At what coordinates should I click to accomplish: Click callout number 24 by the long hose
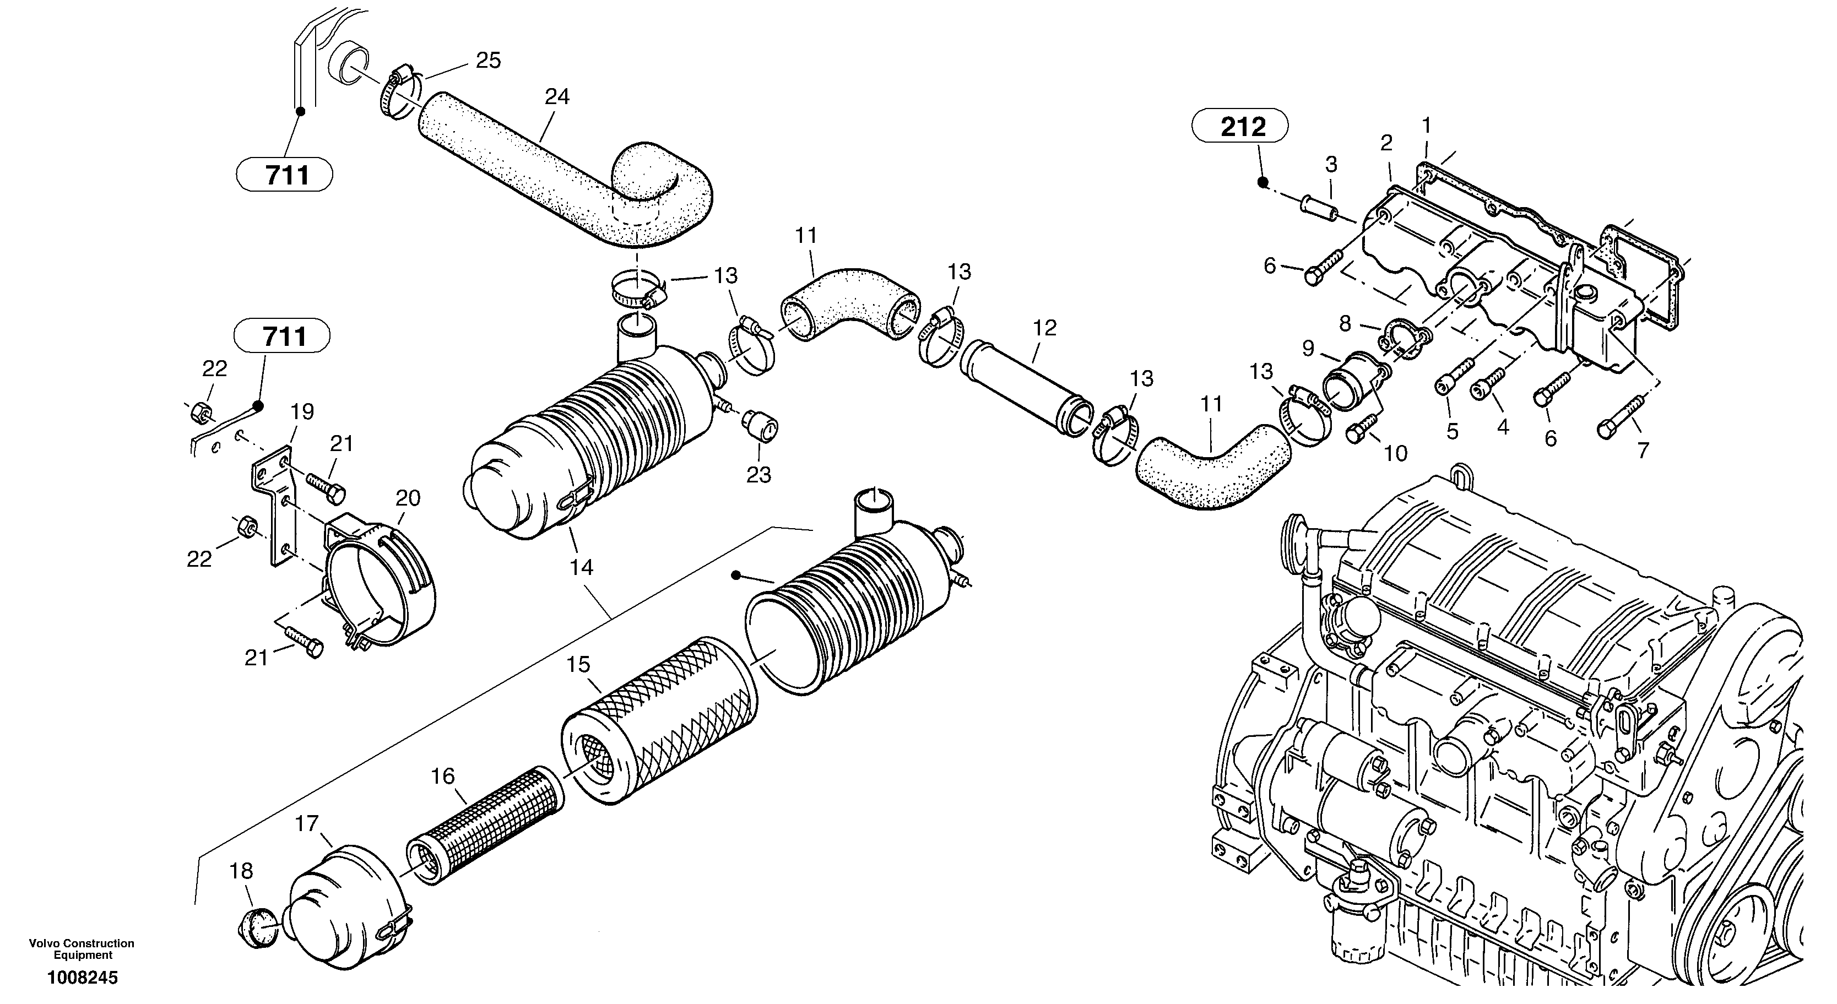click(x=557, y=97)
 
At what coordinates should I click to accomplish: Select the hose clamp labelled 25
click(x=397, y=95)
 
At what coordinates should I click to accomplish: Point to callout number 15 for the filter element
click(x=578, y=665)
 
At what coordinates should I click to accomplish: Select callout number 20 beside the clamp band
click(x=408, y=498)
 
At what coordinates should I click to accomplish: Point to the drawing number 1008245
click(x=83, y=978)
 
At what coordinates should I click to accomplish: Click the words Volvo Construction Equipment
click(x=82, y=949)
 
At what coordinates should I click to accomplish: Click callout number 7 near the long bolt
click(x=1643, y=451)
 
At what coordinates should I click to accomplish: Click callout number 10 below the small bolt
click(x=1396, y=453)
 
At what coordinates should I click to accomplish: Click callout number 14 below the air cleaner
click(x=581, y=568)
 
